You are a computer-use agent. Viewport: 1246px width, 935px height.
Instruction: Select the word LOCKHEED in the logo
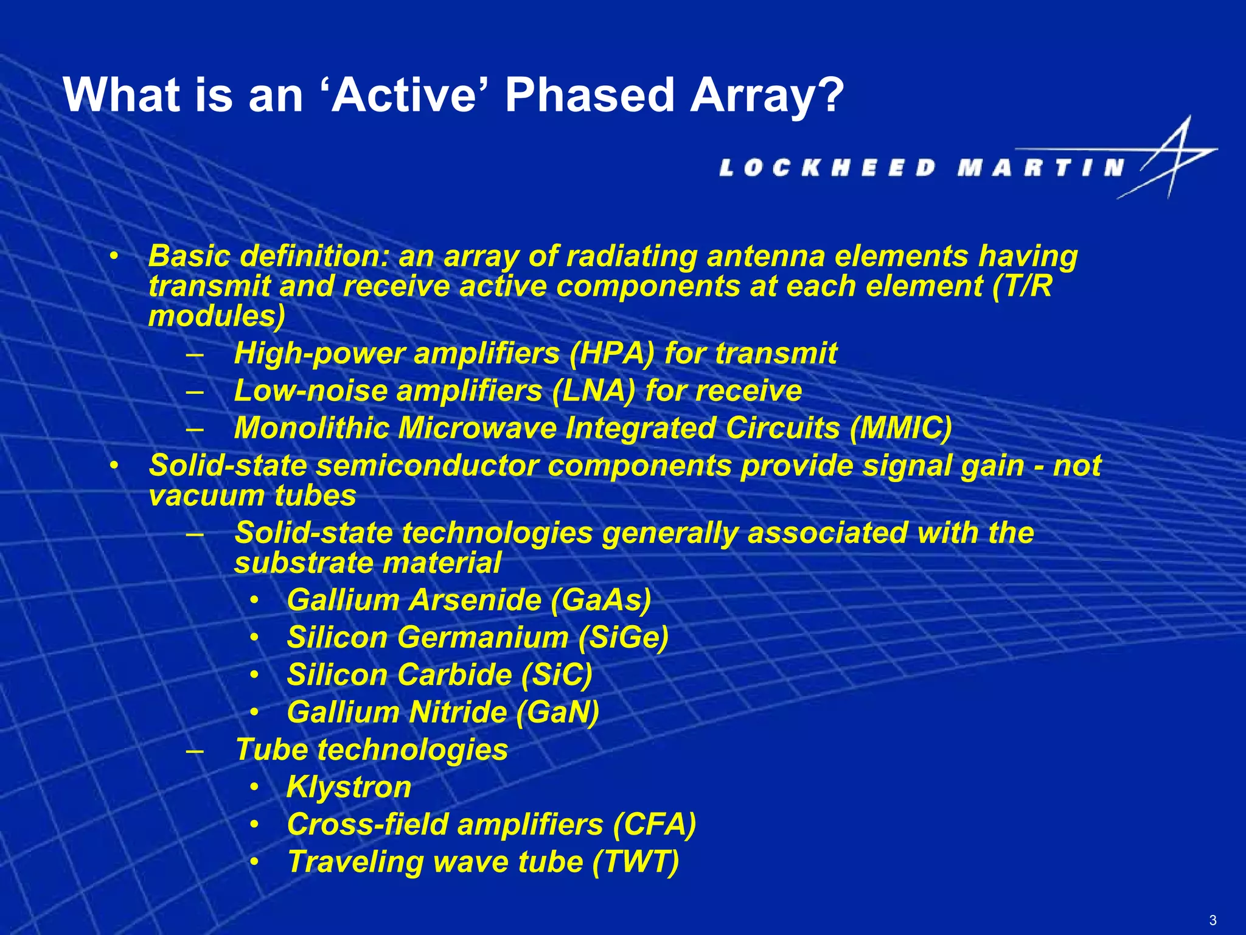pyautogui.click(x=827, y=167)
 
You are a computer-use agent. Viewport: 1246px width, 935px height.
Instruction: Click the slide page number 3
pyautogui.click(x=1213, y=920)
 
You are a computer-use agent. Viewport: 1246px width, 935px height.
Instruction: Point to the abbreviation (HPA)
pyautogui.click(x=611, y=354)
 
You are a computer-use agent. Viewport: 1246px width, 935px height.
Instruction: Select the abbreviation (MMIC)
pyautogui.click(x=900, y=428)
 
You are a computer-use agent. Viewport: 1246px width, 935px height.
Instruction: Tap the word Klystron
pyautogui.click(x=349, y=787)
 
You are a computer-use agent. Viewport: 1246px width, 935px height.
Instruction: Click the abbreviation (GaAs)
pyautogui.click(x=601, y=600)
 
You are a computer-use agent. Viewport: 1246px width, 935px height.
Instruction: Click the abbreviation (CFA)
pyautogui.click(x=654, y=825)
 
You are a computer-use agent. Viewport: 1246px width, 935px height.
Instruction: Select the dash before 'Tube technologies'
pyautogui.click(x=195, y=751)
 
